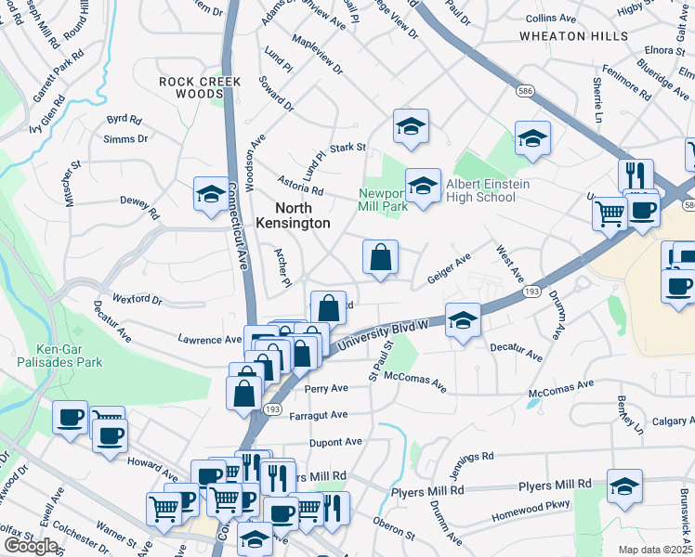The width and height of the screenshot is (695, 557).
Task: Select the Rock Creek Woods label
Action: [x=200, y=87]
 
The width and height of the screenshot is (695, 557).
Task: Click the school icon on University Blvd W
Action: [x=463, y=320]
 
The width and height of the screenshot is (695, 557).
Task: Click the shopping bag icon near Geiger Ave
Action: [x=381, y=257]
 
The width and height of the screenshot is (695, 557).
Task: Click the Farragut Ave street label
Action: [x=319, y=414]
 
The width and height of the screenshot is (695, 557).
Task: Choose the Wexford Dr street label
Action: [x=137, y=300]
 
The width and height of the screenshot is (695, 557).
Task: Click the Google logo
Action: [x=31, y=546]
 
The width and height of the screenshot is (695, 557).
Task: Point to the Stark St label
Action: [x=348, y=147]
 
